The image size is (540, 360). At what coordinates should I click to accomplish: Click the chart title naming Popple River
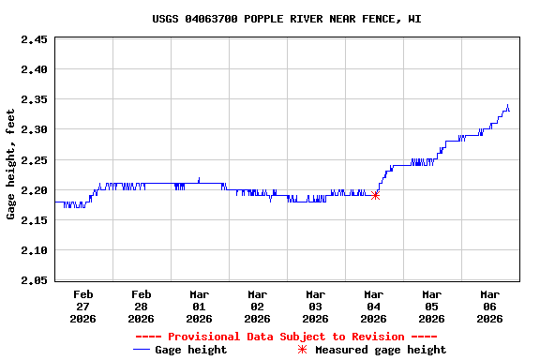(x=287, y=19)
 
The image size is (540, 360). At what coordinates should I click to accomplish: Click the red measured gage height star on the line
(x=375, y=195)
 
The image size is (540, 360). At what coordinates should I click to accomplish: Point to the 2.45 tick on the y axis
(x=35, y=40)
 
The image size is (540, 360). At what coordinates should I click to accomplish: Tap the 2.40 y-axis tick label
(x=35, y=69)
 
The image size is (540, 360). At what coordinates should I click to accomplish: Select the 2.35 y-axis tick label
(x=35, y=99)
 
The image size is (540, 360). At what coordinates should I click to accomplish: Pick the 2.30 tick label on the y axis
(x=35, y=129)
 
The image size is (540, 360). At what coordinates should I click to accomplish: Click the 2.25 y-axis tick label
(x=35, y=159)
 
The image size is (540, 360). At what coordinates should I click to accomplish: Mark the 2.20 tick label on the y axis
(x=35, y=190)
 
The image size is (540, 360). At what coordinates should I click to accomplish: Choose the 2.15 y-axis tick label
(x=35, y=220)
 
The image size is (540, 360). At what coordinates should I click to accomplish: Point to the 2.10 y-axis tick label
(x=35, y=250)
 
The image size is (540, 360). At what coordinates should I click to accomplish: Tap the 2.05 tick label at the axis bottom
(x=35, y=280)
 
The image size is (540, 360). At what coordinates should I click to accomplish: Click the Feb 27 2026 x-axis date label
(x=83, y=306)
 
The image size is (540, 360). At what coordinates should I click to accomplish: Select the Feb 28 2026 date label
(x=142, y=306)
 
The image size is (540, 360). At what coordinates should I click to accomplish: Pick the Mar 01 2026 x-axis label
(x=200, y=306)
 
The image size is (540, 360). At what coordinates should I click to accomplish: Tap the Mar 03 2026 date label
(x=316, y=306)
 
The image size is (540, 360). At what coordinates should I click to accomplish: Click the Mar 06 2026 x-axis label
(x=490, y=306)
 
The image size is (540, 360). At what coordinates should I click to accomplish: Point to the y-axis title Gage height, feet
(x=11, y=165)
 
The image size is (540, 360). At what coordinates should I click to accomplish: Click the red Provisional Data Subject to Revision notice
(x=287, y=337)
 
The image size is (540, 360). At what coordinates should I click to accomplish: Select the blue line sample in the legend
(x=142, y=350)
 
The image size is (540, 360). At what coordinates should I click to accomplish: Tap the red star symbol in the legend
(x=302, y=350)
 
